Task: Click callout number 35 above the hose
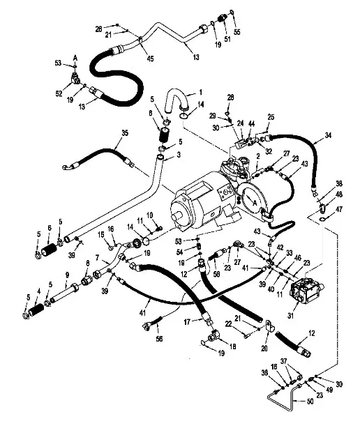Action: [x=125, y=133]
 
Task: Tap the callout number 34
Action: [x=328, y=135]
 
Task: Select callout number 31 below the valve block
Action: [x=290, y=315]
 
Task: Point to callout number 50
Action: [x=310, y=402]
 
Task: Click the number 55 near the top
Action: [x=237, y=31]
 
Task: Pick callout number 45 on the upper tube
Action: [x=150, y=58]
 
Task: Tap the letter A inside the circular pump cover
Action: [x=255, y=202]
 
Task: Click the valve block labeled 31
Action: [x=306, y=290]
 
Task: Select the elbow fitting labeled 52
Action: [x=75, y=79]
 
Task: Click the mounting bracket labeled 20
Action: [x=269, y=326]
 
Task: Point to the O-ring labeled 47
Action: [x=323, y=219]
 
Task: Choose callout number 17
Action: [x=187, y=322]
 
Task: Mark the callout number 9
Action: [x=67, y=275]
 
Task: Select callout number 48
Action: [x=339, y=194]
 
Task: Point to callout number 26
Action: [x=98, y=29]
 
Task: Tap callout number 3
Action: [x=179, y=155]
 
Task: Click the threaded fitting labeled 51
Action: [x=223, y=19]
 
